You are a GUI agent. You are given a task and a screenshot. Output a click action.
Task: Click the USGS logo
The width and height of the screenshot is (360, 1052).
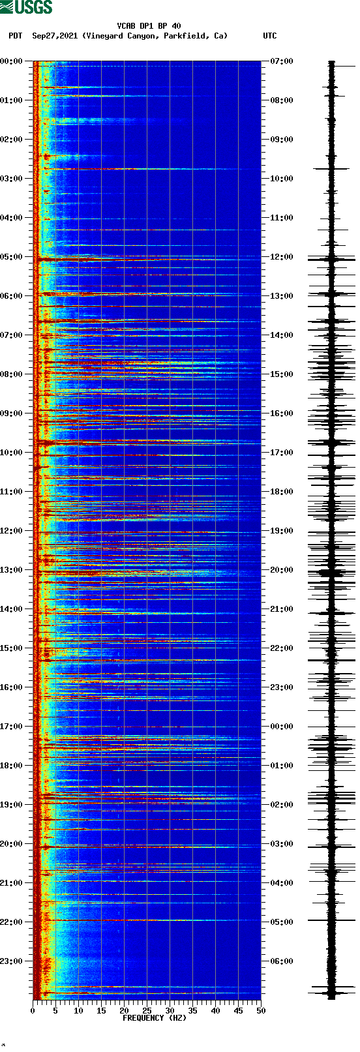click(26, 7)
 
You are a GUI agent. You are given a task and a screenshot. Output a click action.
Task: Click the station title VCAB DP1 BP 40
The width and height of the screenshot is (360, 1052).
click(149, 26)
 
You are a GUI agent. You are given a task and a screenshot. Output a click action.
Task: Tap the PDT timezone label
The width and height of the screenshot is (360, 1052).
click(15, 36)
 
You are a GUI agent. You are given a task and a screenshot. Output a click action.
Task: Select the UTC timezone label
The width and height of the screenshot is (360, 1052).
click(269, 36)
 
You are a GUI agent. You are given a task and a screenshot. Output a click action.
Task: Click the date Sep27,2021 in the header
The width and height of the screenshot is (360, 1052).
click(55, 36)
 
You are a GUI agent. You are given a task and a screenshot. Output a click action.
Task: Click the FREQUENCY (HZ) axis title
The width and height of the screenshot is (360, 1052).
click(155, 1018)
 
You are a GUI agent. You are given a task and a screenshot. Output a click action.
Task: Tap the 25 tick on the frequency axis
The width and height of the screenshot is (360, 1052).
click(147, 1011)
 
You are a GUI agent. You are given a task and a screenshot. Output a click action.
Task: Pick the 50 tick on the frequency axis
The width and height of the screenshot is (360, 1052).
click(261, 1011)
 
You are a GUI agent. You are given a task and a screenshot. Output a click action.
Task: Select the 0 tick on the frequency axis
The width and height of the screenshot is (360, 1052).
click(33, 1011)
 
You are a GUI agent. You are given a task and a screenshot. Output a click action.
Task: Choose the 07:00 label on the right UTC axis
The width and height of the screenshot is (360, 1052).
click(282, 61)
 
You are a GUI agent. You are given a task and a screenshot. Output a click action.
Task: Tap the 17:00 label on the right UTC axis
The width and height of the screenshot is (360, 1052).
click(282, 453)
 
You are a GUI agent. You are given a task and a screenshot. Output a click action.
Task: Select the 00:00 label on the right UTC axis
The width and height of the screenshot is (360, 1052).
click(282, 727)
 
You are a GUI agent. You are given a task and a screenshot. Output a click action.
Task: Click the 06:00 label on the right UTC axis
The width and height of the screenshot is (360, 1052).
click(282, 961)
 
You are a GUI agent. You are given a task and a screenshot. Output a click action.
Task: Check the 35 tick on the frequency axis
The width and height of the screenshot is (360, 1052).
click(192, 1011)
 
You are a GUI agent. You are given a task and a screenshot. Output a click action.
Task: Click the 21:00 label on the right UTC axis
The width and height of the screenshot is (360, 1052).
click(282, 609)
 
